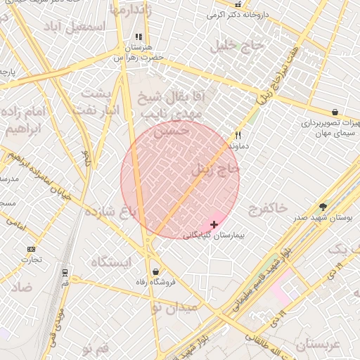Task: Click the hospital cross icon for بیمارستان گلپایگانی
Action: [214, 224]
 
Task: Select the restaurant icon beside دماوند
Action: [238, 136]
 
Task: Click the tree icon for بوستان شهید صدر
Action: [323, 207]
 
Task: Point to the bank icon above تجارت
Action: [31, 250]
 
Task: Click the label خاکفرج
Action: [267, 208]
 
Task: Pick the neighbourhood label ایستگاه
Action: [111, 262]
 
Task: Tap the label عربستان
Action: [318, 345]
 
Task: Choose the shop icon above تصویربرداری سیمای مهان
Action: [335, 112]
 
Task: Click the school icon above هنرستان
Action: [139, 37]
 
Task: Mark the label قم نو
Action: [96, 349]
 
